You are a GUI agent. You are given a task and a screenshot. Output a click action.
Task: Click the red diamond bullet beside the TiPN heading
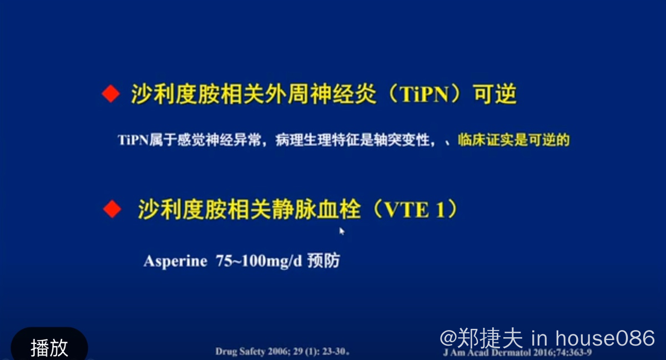click(110, 94)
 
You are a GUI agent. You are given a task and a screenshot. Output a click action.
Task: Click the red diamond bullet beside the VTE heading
click(112, 209)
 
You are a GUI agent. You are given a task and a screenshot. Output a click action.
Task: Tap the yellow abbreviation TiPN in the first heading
click(424, 94)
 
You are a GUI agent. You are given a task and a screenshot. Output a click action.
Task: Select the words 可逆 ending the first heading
click(495, 94)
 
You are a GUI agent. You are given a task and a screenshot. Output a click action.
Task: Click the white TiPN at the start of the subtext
click(133, 140)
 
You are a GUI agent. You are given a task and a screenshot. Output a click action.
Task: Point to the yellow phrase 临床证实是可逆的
click(514, 140)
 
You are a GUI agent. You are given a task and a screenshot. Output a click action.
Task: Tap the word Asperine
click(175, 261)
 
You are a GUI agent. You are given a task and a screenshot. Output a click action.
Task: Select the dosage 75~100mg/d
click(259, 261)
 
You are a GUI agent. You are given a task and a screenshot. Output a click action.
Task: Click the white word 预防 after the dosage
click(324, 261)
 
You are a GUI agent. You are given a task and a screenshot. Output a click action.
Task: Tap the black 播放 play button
click(49, 345)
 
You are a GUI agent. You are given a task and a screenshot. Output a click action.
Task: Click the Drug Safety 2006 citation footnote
click(282, 351)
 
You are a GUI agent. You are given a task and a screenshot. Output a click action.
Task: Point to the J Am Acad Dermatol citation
click(517, 353)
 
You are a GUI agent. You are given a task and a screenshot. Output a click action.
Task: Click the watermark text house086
click(605, 338)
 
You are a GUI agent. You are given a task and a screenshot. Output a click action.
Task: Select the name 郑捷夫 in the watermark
click(490, 338)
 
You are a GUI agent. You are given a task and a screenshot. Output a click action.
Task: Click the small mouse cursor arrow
click(341, 231)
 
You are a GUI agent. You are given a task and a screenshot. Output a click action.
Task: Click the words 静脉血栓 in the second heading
click(305, 209)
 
